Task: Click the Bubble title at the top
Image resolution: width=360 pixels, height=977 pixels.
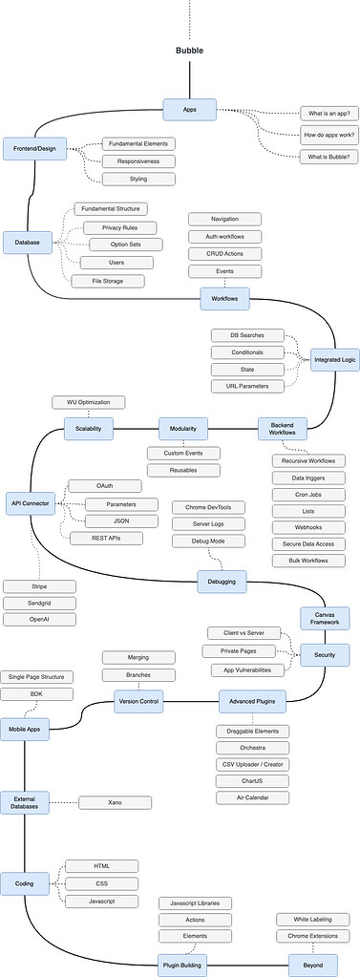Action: pos(189,51)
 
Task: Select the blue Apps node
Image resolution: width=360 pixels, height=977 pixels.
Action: pos(189,110)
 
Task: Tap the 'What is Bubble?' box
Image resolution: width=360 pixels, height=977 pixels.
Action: pos(328,157)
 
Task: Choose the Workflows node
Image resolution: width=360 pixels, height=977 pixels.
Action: pos(224,299)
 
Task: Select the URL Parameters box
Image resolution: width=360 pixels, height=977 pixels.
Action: pos(246,386)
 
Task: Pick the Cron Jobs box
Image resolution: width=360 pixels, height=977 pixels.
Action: pos(302,495)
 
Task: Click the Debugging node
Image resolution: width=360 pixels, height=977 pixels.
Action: pos(222,581)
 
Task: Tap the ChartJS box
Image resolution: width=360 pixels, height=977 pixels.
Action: pos(253,780)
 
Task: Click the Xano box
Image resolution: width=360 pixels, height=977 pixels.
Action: pos(114,802)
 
